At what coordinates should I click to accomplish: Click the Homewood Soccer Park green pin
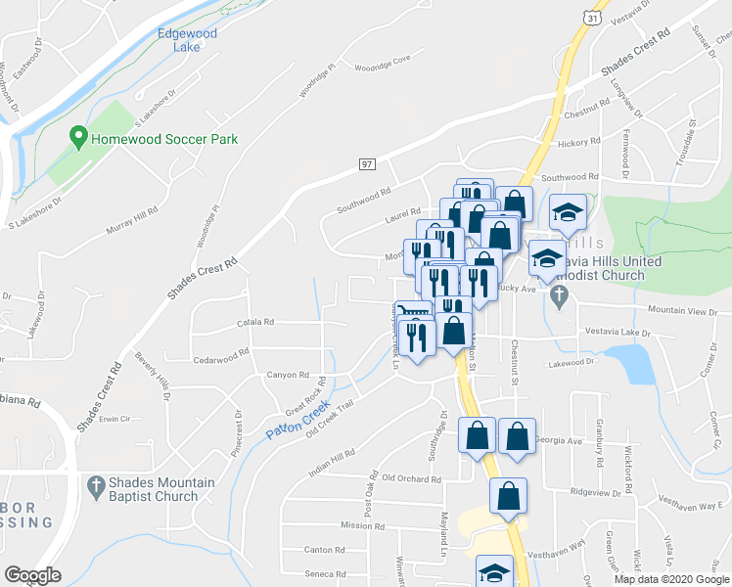78,139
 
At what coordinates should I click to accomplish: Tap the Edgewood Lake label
187,41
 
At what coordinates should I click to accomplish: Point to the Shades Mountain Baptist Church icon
95,486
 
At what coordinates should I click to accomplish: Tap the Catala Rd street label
254,321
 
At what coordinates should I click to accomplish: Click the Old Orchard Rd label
411,478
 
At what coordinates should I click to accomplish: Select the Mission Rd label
356,525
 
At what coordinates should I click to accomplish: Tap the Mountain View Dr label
682,311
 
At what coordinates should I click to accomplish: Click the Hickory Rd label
579,143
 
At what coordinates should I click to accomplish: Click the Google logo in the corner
32,575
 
